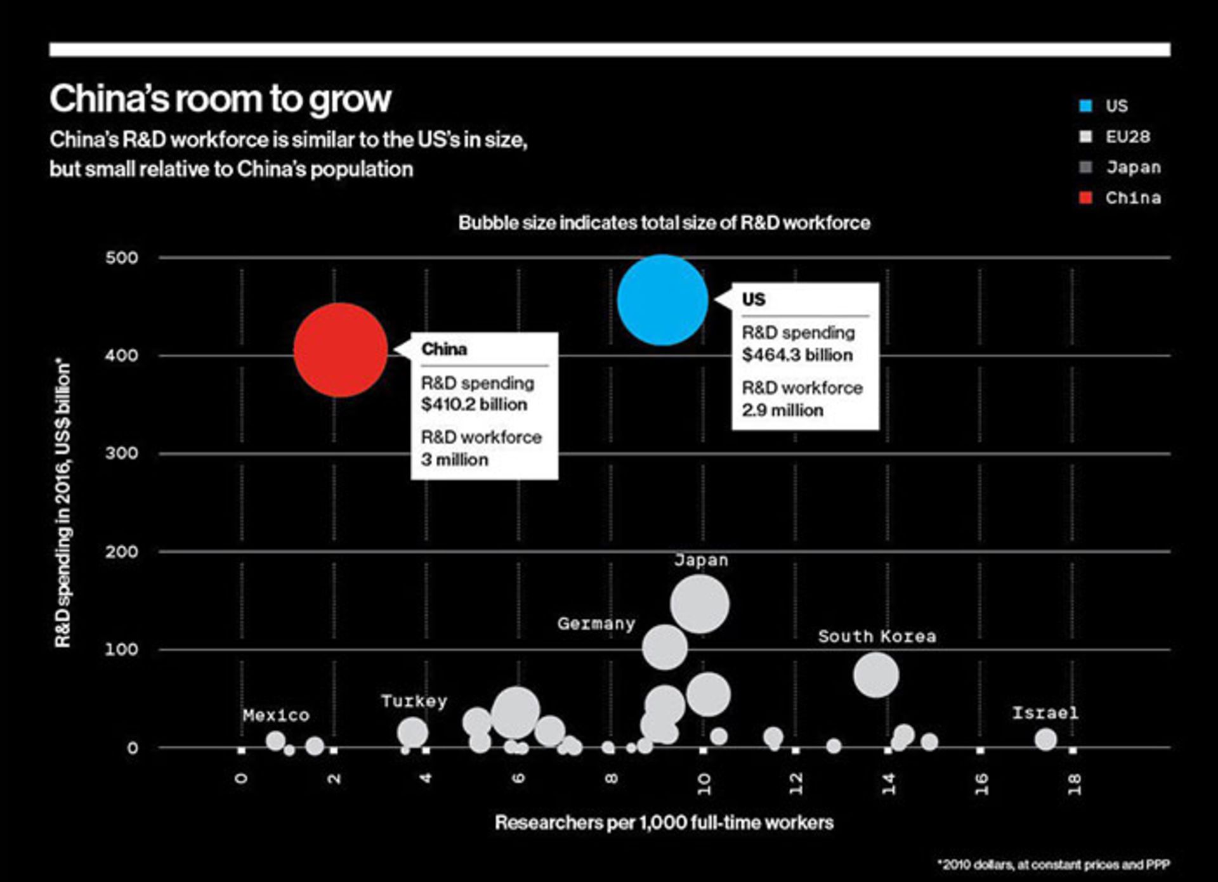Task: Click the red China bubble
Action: (x=341, y=350)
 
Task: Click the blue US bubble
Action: (x=662, y=300)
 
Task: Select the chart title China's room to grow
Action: (x=221, y=99)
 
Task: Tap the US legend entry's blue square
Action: (x=1085, y=106)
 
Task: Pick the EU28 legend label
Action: (x=1127, y=137)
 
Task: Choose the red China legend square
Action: (x=1085, y=198)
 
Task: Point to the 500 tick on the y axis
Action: (x=122, y=257)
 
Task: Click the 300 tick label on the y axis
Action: (x=122, y=453)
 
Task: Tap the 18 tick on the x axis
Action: (x=1073, y=784)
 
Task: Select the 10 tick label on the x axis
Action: (x=704, y=784)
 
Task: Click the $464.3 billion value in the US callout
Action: (x=797, y=355)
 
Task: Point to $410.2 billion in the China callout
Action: (x=474, y=405)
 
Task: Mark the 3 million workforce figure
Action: (x=454, y=460)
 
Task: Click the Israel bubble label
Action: (x=1045, y=713)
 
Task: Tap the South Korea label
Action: (x=877, y=637)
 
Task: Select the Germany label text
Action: (x=596, y=624)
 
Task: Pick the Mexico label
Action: (x=276, y=716)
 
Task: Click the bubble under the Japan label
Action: (x=699, y=604)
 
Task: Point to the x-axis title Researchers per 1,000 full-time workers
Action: (x=664, y=823)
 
